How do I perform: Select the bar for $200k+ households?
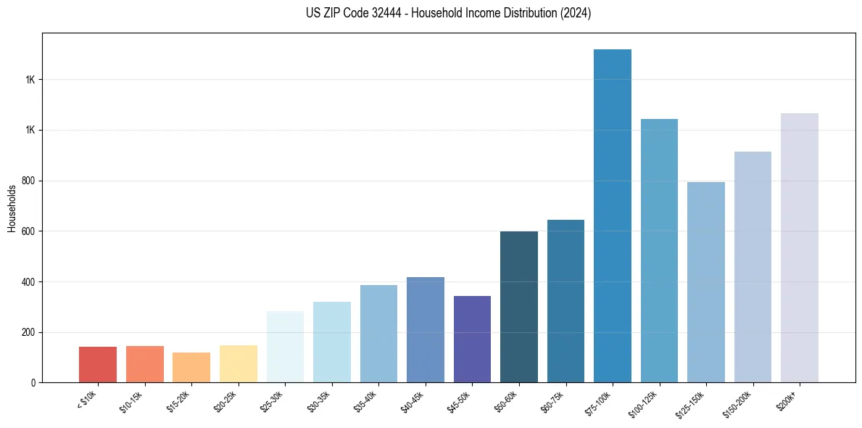pyautogui.click(x=799, y=247)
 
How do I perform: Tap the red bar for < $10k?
pyautogui.click(x=98, y=364)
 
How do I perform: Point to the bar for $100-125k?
pyautogui.click(x=659, y=250)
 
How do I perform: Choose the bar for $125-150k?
pyautogui.click(x=705, y=282)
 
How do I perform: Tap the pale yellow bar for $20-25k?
pyautogui.click(x=238, y=363)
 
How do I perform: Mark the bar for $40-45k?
pyautogui.click(x=425, y=329)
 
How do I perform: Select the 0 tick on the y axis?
pyautogui.click(x=33, y=382)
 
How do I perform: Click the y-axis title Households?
pyautogui.click(x=12, y=208)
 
